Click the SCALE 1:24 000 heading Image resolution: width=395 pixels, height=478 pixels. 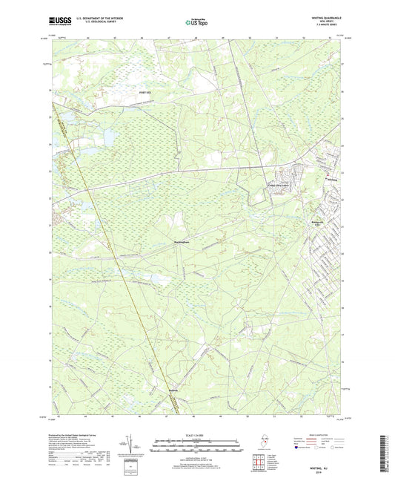[196, 434]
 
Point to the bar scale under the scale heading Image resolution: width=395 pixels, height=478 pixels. [196, 447]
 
